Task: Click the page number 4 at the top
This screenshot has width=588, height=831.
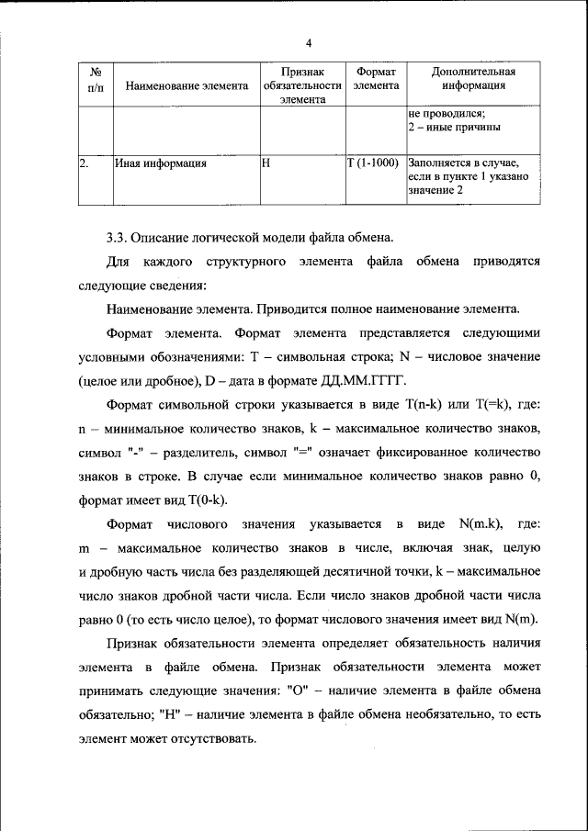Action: click(x=309, y=43)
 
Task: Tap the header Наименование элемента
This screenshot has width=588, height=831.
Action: click(x=187, y=86)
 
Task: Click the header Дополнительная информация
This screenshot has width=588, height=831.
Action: click(x=473, y=79)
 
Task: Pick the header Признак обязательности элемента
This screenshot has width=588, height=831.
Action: click(x=301, y=86)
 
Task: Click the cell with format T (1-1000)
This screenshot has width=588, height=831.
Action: click(x=373, y=163)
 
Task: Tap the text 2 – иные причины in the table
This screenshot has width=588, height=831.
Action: click(x=448, y=128)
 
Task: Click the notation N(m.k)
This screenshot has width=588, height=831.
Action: click(x=478, y=523)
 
